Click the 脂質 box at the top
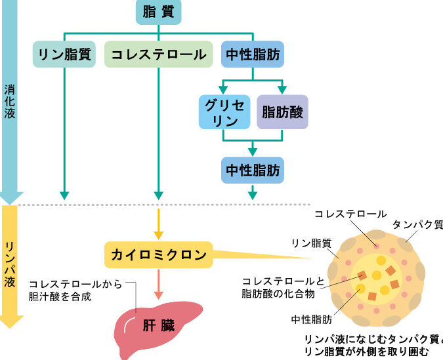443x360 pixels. pos(158,12)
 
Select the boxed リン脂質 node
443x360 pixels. pos(64,54)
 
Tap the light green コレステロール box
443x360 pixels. pos(158,54)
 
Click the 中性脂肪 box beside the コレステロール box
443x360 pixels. pos(253,54)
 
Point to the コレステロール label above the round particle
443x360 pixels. pos(350,214)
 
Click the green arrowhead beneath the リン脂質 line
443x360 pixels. pos(64,195)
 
